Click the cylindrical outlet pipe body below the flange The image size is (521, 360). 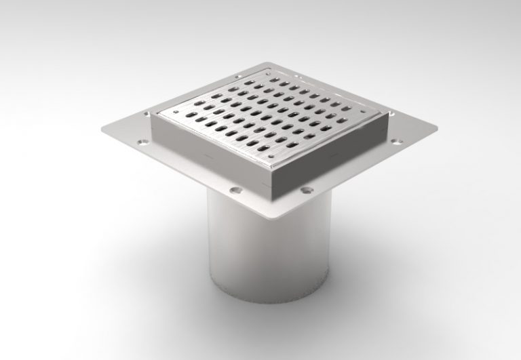click(271, 258)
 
